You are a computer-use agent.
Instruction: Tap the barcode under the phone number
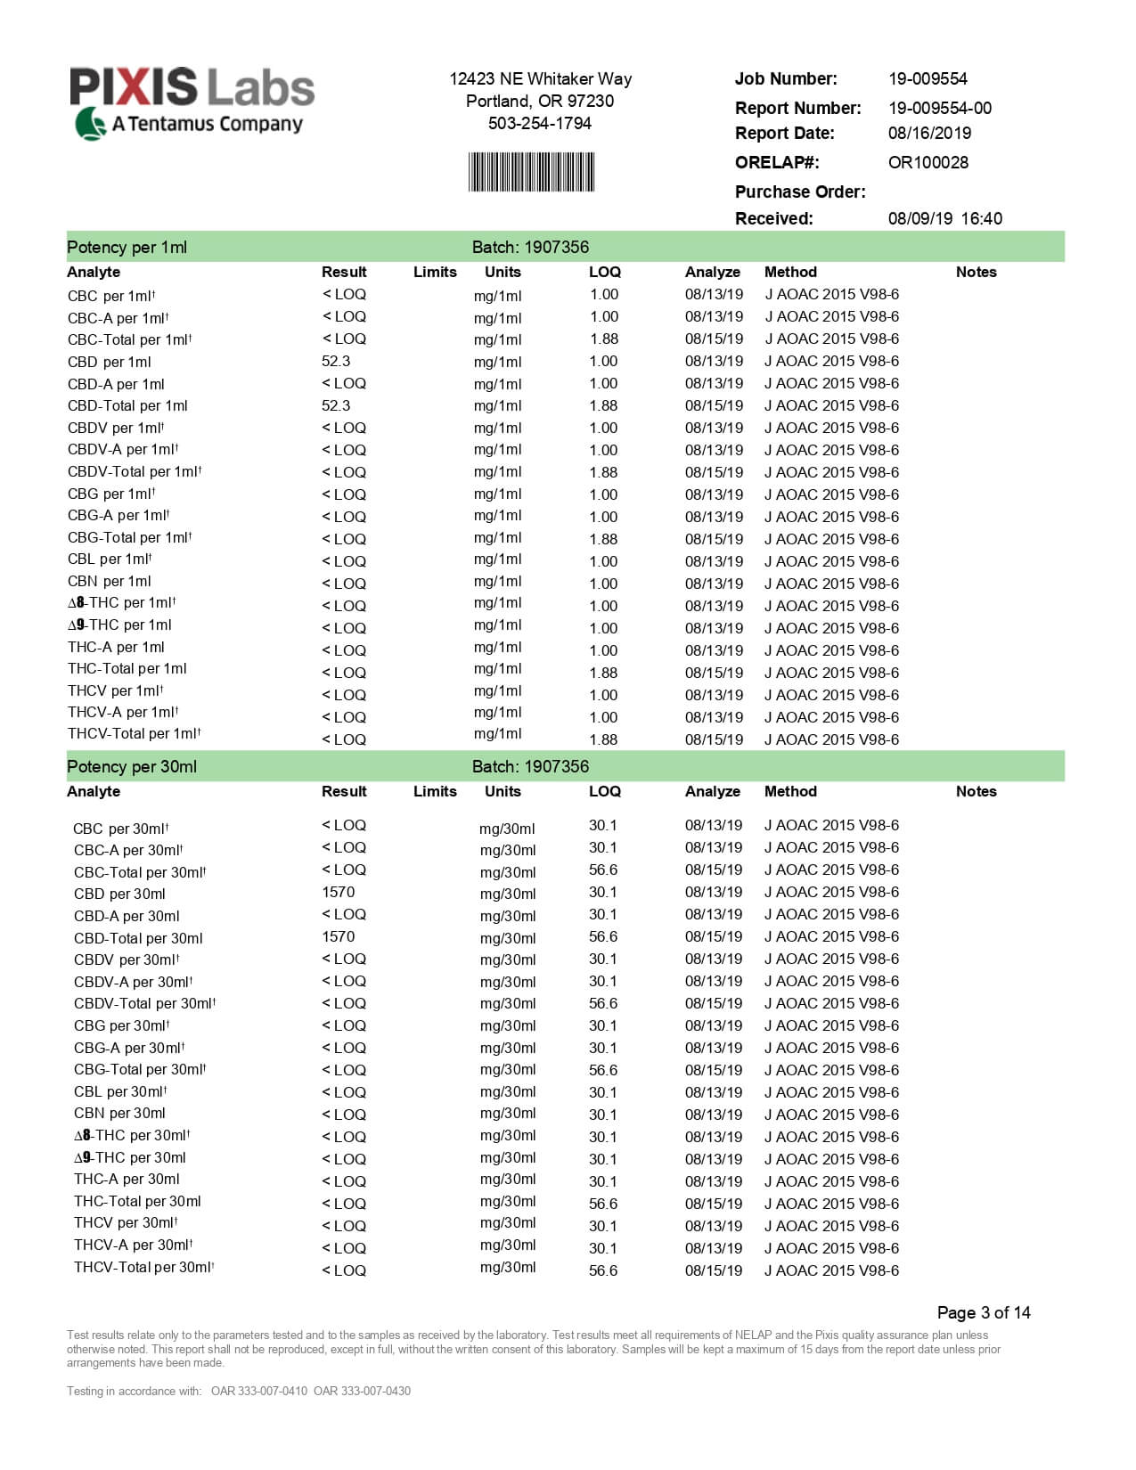coord(531,172)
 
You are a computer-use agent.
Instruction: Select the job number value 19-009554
coord(928,79)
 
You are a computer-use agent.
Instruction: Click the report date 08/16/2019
coord(929,134)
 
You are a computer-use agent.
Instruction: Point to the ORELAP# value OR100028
coord(928,163)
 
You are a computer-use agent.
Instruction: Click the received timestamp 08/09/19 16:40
coord(944,219)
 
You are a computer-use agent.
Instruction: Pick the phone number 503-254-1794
coord(539,124)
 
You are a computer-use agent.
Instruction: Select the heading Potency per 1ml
coord(127,248)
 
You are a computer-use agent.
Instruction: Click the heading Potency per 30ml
coord(132,767)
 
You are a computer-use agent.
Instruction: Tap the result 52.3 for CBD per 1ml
coord(336,362)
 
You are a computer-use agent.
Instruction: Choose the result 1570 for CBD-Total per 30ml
coord(338,937)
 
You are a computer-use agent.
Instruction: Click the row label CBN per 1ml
coord(110,582)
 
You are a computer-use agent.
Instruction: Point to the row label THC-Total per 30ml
coord(137,1202)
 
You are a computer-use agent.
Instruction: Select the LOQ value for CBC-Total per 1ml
coord(603,339)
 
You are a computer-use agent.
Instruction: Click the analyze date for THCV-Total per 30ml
coord(713,1271)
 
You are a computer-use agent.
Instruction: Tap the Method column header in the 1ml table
coord(790,273)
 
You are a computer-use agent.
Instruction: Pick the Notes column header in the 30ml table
coord(976,792)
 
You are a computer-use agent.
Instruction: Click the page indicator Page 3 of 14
coord(983,1313)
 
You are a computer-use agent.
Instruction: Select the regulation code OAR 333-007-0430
coord(362,1392)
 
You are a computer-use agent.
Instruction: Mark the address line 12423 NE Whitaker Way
coord(540,79)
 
